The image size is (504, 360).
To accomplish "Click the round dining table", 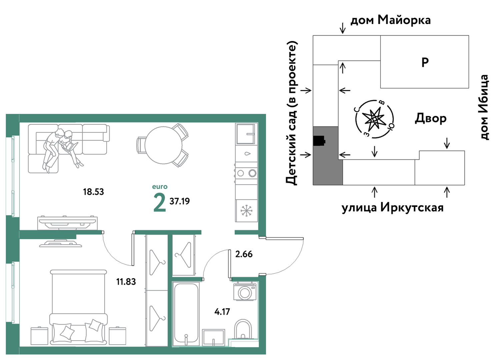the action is click(163, 145).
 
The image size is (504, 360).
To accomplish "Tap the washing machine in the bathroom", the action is click(245, 292).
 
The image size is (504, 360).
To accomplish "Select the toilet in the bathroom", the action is click(243, 330).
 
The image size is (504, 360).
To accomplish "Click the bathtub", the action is click(186, 314).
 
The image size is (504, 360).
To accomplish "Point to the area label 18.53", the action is click(93, 192).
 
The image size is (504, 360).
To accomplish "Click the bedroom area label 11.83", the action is click(126, 282).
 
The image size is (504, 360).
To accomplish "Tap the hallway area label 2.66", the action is click(244, 254).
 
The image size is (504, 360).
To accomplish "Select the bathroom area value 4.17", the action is click(222, 312).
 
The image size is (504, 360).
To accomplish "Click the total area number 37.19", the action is click(180, 201).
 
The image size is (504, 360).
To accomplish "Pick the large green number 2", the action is click(160, 203).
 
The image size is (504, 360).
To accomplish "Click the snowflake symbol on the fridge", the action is click(246, 211).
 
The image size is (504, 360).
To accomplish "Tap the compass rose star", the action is click(374, 119).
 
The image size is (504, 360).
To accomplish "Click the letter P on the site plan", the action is click(425, 62).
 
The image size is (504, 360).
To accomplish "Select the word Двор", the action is click(431, 118).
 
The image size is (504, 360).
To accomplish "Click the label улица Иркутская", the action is click(393, 208).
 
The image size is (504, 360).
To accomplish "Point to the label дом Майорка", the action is click(391, 20).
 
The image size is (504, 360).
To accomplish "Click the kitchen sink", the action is click(246, 134).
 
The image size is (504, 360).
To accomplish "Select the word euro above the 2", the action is click(160, 187).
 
